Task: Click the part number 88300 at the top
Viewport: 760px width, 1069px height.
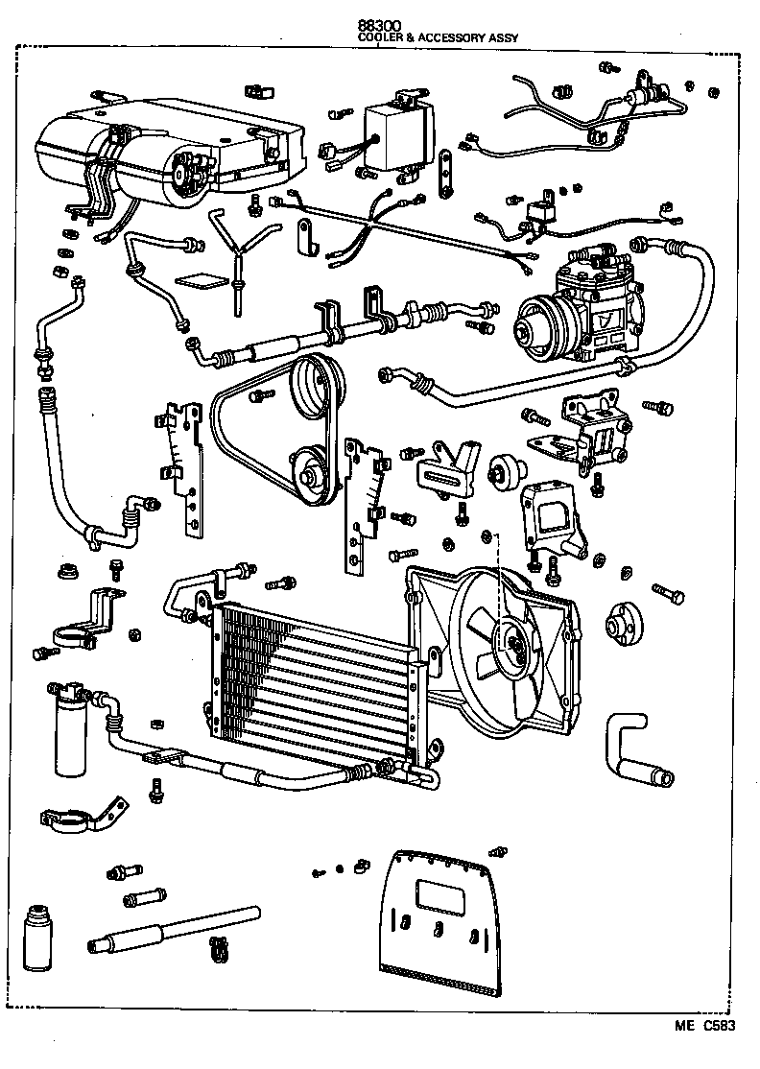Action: point(379,24)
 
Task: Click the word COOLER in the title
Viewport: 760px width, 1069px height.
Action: point(378,37)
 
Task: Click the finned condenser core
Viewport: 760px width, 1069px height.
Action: point(317,684)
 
